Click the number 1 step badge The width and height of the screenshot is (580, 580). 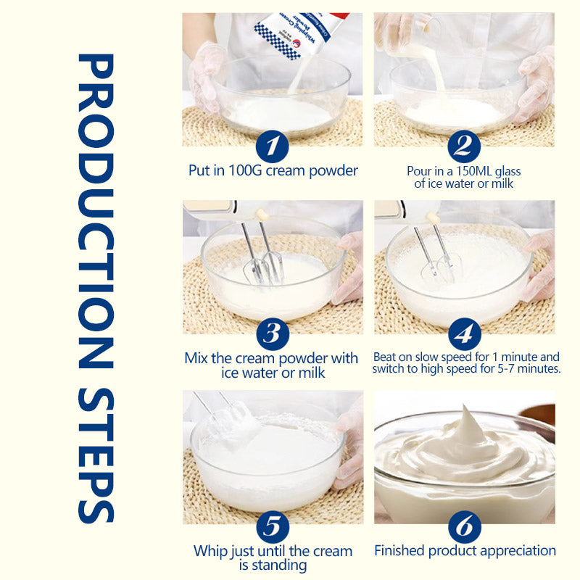coord(272,147)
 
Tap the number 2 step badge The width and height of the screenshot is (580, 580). coord(464,147)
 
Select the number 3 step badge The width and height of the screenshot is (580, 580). coord(272,333)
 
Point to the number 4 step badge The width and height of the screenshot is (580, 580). coord(464,333)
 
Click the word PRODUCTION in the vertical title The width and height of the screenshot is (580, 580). coord(96,210)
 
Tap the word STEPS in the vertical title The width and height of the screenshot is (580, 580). coord(96,449)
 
